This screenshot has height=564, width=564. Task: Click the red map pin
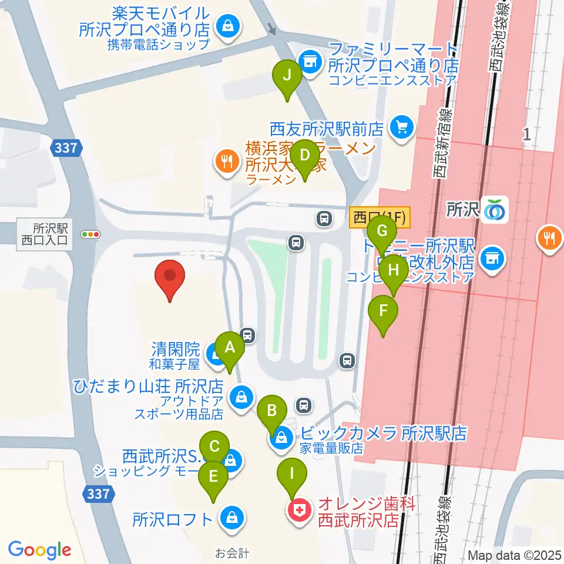coord(170,277)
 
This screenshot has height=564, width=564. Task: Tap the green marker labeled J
coord(287,76)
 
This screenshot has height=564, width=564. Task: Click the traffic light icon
coord(91,234)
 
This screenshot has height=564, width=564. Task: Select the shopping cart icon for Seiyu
coord(402,126)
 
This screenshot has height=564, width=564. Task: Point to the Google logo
coord(39,550)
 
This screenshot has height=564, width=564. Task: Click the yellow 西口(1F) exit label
coord(380,216)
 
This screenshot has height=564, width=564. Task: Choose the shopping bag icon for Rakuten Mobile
coord(226,26)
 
